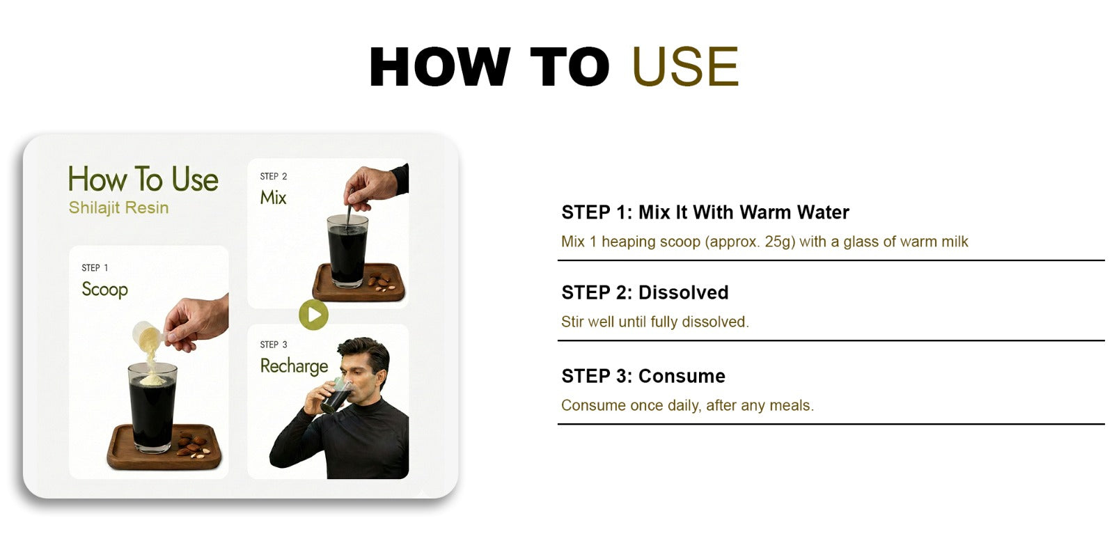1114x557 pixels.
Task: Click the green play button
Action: [x=313, y=315]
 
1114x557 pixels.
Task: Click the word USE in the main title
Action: [x=685, y=67]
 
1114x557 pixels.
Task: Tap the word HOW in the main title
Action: [x=439, y=67]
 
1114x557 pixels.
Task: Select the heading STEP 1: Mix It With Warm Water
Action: [x=705, y=212]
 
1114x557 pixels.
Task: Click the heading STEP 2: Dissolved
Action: [x=645, y=292]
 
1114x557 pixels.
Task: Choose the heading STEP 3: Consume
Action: [x=643, y=376]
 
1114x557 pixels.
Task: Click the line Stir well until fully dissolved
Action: [x=654, y=322]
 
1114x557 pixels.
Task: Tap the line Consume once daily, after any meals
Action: [x=687, y=405]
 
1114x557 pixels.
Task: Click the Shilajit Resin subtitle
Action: [x=118, y=207]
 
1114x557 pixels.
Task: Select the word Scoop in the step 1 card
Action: [x=104, y=290]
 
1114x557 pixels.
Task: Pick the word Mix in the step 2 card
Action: [x=273, y=198]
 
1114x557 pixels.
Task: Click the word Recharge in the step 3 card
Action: [x=294, y=366]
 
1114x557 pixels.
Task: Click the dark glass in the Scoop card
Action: [x=152, y=409]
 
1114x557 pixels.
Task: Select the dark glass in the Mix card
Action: [x=347, y=251]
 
